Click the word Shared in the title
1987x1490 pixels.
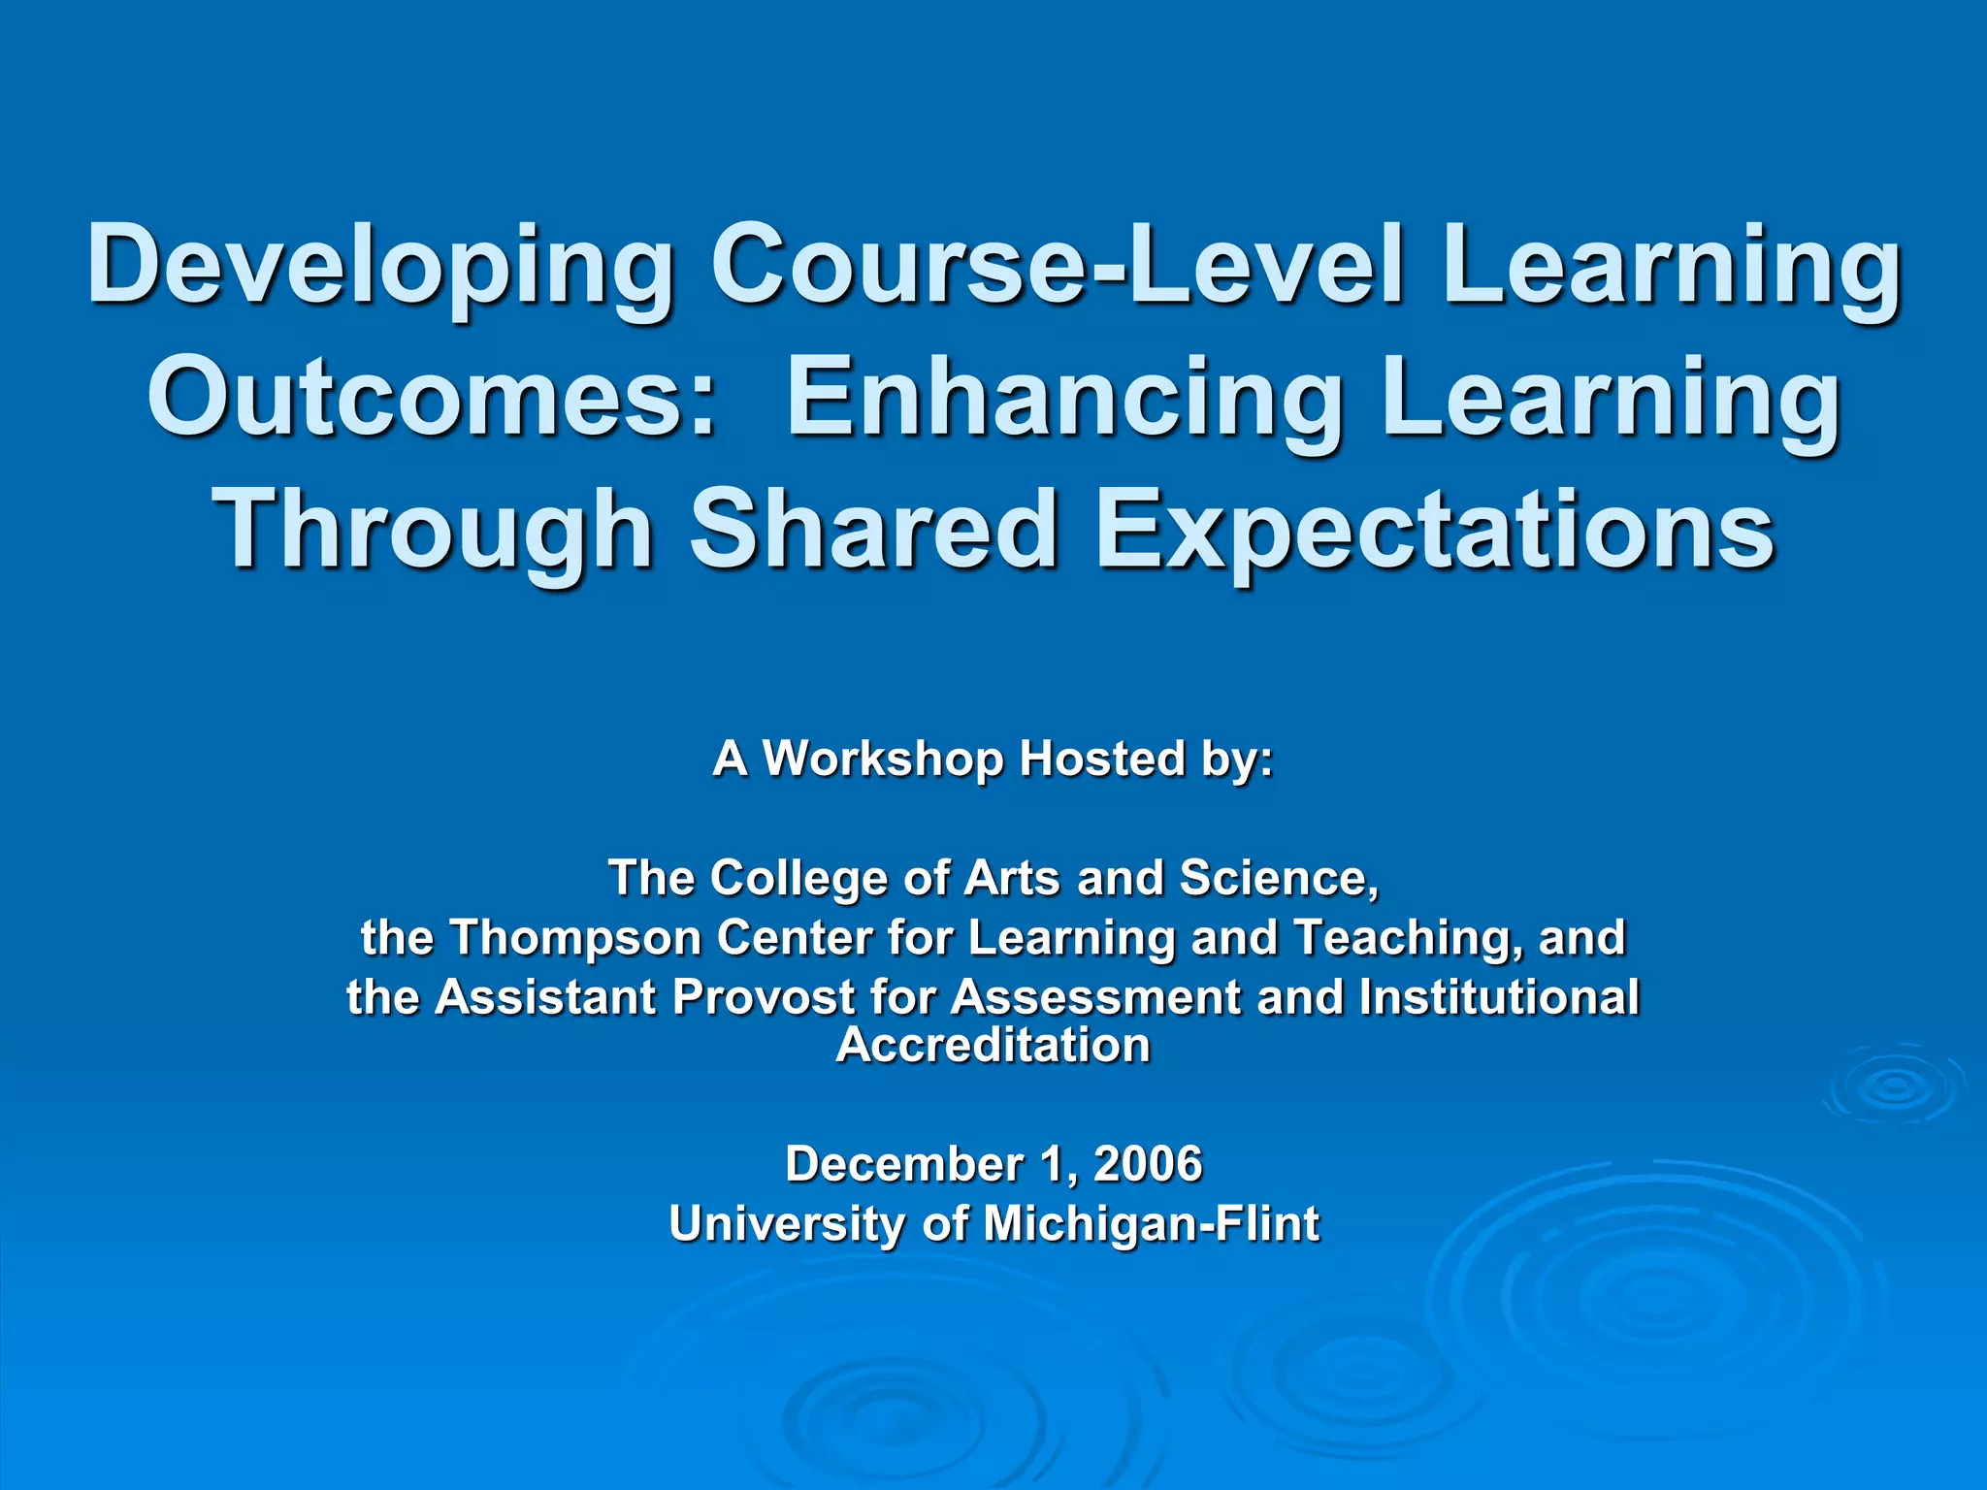pos(872,529)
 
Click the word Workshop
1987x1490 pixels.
pos(883,759)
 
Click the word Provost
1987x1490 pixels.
pos(763,997)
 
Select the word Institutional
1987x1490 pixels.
pos(1499,997)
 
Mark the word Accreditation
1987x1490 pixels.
pos(993,1046)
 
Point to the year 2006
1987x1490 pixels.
pos(1148,1164)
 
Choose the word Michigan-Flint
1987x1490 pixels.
pos(1151,1224)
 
